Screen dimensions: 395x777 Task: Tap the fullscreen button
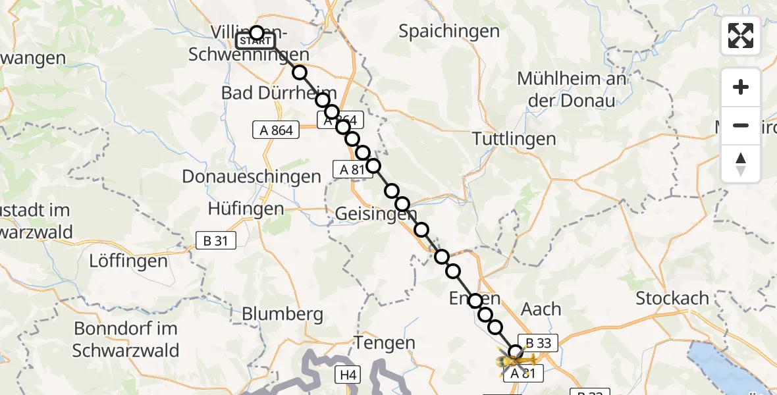pos(741,36)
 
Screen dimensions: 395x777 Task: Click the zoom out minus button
pos(741,125)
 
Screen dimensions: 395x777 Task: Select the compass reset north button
pos(741,164)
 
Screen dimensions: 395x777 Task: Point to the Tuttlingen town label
pos(514,139)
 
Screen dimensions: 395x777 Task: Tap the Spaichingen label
pos(449,31)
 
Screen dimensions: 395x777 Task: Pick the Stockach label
pos(672,298)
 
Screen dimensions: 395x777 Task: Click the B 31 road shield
pos(215,241)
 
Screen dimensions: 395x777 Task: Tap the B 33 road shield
pos(539,343)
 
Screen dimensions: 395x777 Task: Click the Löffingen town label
pos(128,261)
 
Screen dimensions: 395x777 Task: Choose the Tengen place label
pos(385,342)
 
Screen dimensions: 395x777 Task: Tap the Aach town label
pos(541,309)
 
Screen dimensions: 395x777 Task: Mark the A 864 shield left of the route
pos(276,130)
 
